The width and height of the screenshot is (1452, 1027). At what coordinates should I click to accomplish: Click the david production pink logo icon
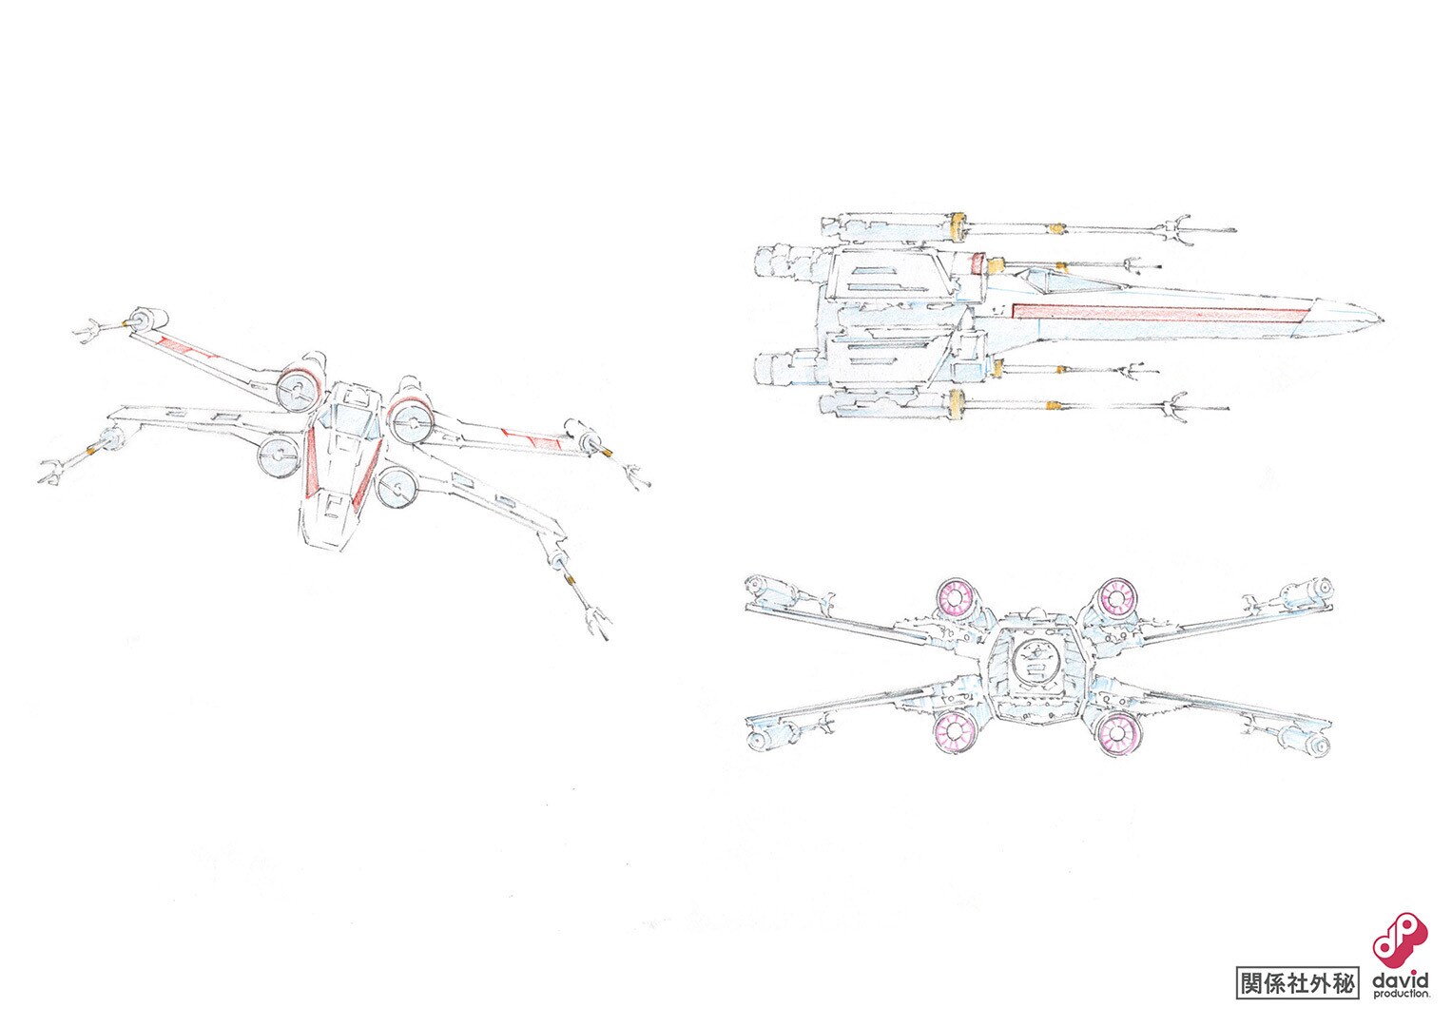coord(1400,955)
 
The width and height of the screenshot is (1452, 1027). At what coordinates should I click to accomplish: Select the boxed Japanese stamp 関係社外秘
coord(1297,982)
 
